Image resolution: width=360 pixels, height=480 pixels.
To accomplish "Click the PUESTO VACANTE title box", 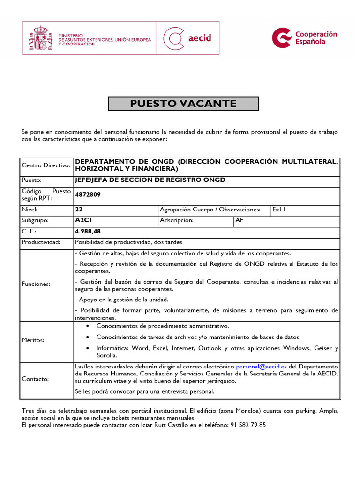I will (183, 104).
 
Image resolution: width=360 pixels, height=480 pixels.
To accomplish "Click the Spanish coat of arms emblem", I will (41, 38).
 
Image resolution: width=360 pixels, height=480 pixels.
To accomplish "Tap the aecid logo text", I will (199, 38).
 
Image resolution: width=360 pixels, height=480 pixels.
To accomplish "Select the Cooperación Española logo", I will (305, 37).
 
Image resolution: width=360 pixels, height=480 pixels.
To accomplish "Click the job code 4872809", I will (88, 195).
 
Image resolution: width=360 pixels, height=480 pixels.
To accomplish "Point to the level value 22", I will (78, 210).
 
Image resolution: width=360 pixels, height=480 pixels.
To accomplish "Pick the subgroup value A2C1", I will (82, 220).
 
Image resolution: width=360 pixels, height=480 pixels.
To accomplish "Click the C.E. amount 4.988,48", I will (88, 231).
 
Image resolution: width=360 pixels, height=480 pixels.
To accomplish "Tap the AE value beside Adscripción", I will (240, 220).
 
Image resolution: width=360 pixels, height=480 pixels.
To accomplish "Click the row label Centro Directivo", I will (46, 165).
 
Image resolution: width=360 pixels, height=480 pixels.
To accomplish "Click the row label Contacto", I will (35, 379).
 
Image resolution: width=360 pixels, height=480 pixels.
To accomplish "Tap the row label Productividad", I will (41, 242).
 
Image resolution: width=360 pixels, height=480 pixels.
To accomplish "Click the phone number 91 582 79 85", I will (248, 425).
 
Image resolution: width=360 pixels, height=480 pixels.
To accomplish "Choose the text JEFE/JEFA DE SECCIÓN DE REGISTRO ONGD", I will (150, 180).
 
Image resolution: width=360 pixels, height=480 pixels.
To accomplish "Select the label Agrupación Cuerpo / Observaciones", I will (210, 210).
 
